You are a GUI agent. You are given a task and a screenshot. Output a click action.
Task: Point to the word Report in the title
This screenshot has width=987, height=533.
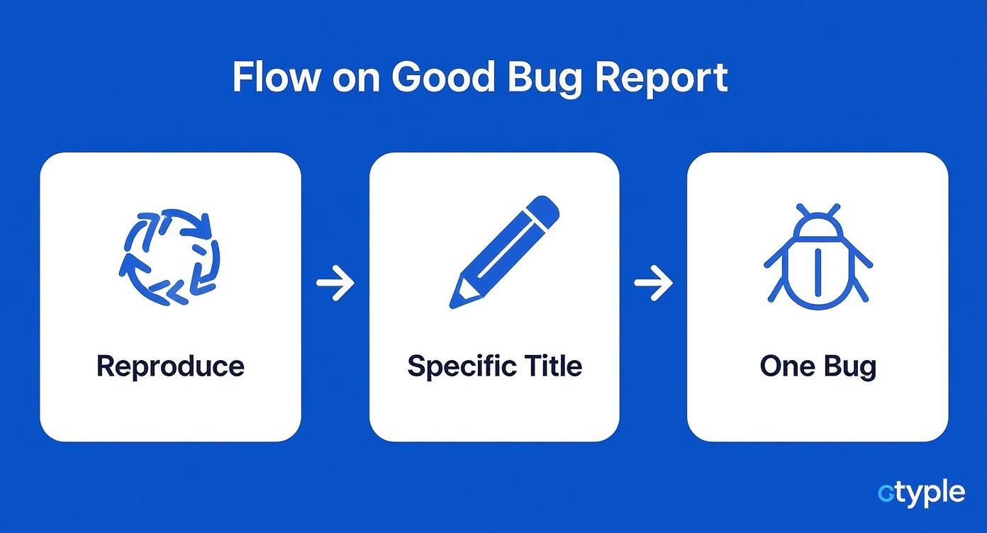tap(661, 78)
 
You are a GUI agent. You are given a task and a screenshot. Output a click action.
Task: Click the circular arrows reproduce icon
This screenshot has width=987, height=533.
tap(169, 256)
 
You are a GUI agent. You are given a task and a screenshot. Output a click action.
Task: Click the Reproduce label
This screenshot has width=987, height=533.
tap(170, 366)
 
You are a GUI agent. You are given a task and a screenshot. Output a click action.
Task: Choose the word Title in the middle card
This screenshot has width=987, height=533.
tap(553, 366)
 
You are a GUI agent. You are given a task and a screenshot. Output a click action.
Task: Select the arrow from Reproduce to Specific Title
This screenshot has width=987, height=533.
tap(335, 284)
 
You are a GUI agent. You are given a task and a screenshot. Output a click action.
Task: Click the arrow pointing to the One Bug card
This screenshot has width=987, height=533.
tap(653, 284)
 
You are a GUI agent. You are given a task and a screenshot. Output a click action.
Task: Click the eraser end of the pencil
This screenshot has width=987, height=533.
tap(545, 206)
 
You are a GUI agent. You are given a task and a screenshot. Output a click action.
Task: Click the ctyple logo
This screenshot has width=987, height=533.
tap(921, 493)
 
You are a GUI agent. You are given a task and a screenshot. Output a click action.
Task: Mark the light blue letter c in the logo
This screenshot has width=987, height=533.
tap(885, 493)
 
